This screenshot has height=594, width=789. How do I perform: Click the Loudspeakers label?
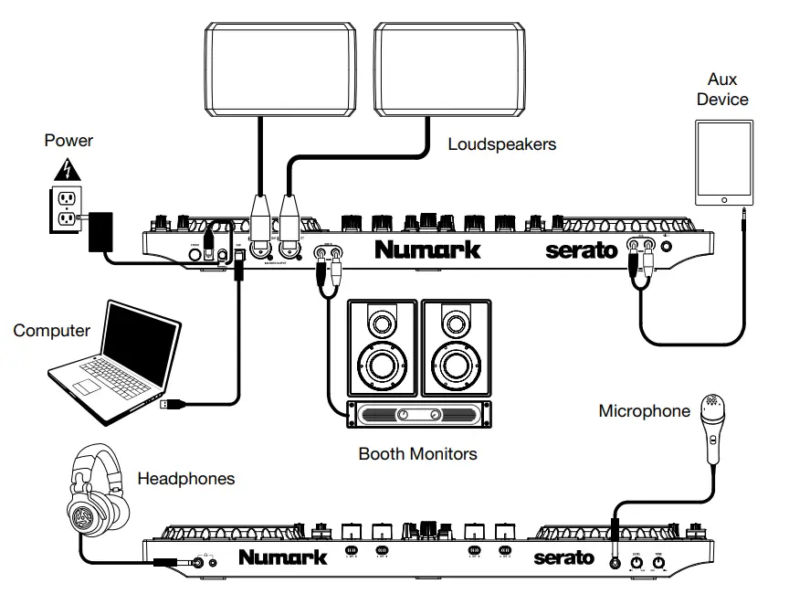[x=501, y=144]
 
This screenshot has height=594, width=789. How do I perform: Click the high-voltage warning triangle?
[x=64, y=170]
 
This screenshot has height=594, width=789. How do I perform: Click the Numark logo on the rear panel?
[x=426, y=249]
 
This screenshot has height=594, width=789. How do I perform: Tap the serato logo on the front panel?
[x=563, y=557]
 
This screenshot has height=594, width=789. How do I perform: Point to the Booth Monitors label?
[x=417, y=453]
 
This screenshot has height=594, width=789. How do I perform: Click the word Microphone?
[x=644, y=411]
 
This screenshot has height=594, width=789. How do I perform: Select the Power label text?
[x=68, y=141]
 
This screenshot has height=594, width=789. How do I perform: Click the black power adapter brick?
[x=100, y=232]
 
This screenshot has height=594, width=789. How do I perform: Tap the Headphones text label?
[x=185, y=478]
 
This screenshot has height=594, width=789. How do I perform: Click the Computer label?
[x=52, y=331]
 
